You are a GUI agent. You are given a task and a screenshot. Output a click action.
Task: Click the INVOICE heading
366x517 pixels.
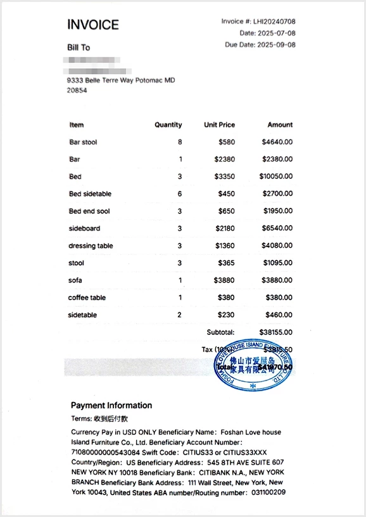pos(93,25)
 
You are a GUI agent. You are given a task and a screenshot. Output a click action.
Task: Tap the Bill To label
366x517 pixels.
pos(79,47)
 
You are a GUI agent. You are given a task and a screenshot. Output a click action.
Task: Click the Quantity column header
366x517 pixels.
pos(168,125)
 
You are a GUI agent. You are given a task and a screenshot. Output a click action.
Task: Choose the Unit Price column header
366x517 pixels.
pos(219,125)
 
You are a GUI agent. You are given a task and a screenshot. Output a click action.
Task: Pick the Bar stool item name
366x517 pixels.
pos(83,142)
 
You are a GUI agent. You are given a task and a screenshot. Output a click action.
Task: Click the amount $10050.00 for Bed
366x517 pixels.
pos(275,176)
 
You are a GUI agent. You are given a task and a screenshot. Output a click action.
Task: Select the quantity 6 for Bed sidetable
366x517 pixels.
pos(180,194)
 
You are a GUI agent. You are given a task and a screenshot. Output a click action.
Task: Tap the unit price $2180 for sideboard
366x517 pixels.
pos(224,228)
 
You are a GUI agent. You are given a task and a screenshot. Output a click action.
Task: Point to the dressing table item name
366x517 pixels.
pos(91,246)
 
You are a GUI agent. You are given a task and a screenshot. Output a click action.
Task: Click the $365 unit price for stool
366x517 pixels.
pos(226,263)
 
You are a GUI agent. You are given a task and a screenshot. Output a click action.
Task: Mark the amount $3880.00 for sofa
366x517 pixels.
pos(277,280)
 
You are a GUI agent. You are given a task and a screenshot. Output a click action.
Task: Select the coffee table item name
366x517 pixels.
pos(87,298)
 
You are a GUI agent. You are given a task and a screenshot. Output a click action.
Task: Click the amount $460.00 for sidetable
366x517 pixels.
pos(279,315)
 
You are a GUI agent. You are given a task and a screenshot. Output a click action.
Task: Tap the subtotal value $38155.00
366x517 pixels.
pos(275,332)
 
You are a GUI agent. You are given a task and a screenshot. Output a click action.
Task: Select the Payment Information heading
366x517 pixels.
pos(111,405)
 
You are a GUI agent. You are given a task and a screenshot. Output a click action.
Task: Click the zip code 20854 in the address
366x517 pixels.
pos(77,90)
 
